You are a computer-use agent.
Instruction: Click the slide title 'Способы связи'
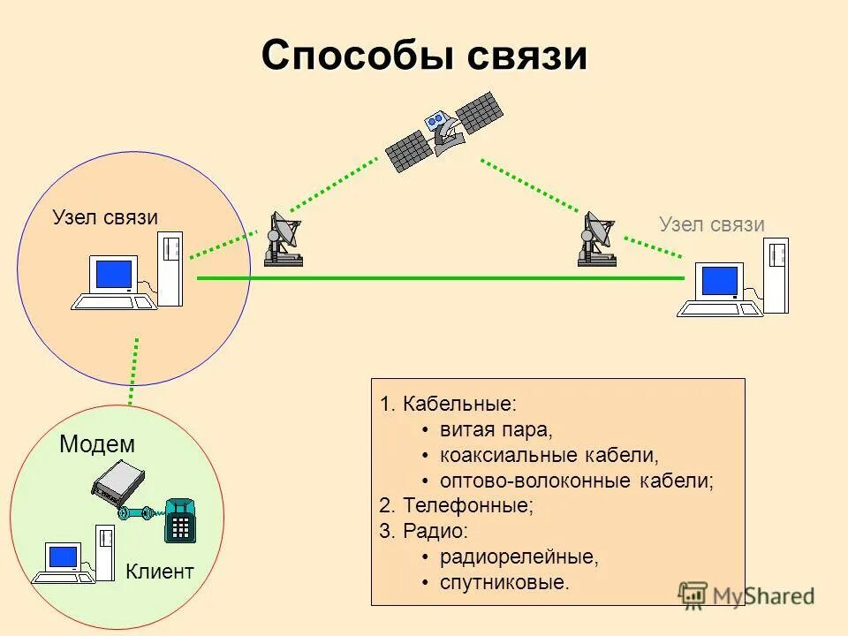[x=424, y=57]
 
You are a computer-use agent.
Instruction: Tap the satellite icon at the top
[x=445, y=130]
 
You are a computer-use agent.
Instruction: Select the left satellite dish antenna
[x=284, y=239]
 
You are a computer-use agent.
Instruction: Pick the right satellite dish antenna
[x=596, y=239]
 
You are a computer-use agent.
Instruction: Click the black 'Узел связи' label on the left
[x=105, y=217]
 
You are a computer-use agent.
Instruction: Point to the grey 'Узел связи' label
[x=711, y=224]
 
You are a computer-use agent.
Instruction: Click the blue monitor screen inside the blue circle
[x=113, y=274]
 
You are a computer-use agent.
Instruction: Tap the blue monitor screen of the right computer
[x=719, y=281]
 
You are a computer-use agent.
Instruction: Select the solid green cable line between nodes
[x=442, y=277]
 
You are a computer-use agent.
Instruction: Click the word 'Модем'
[x=97, y=444]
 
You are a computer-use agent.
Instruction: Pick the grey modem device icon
[x=117, y=482]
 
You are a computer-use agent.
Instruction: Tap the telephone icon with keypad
[x=180, y=520]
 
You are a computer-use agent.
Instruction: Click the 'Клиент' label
[x=159, y=572]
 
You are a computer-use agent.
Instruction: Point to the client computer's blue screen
[x=64, y=556]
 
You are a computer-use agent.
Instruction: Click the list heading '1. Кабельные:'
[x=448, y=405]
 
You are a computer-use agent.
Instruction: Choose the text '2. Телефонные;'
[x=457, y=506]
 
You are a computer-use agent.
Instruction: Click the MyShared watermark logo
[x=746, y=595]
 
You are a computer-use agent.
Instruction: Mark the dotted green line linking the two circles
[x=134, y=371]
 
